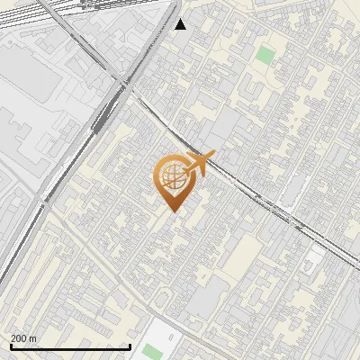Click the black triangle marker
pyautogui.click(x=181, y=24)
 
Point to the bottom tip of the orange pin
pyautogui.click(x=171, y=211)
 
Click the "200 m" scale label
pyautogui.click(x=23, y=338)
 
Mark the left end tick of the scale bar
pyautogui.click(x=10, y=346)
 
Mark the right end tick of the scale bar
pyautogui.click(x=130, y=346)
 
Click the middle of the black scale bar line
pyautogui.click(x=70, y=347)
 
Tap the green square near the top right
pyautogui.click(x=265, y=55)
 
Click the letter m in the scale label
pyautogui.click(x=33, y=338)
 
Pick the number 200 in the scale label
pyautogui.click(x=18, y=338)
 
